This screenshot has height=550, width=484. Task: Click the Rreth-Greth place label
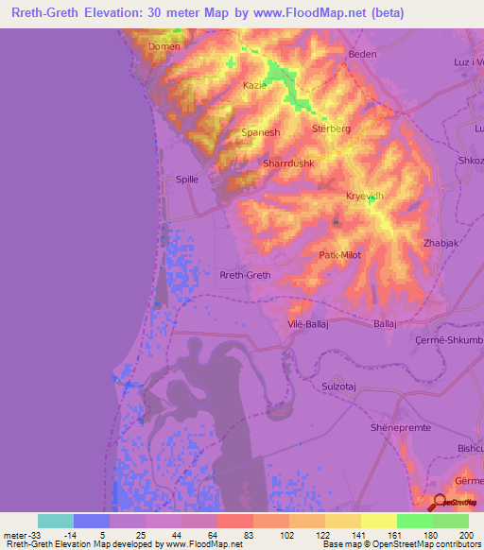click(245, 275)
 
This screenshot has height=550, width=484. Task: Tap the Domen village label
click(164, 45)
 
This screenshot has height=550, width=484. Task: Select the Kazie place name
click(256, 85)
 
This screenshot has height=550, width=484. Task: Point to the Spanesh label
click(261, 133)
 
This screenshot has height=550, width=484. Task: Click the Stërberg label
click(331, 128)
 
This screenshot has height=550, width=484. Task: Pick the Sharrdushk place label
click(288, 163)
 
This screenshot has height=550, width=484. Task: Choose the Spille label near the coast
click(192, 179)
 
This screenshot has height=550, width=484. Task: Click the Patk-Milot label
click(341, 254)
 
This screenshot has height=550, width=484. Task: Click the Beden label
click(363, 54)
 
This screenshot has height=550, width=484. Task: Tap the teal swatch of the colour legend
click(56, 521)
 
